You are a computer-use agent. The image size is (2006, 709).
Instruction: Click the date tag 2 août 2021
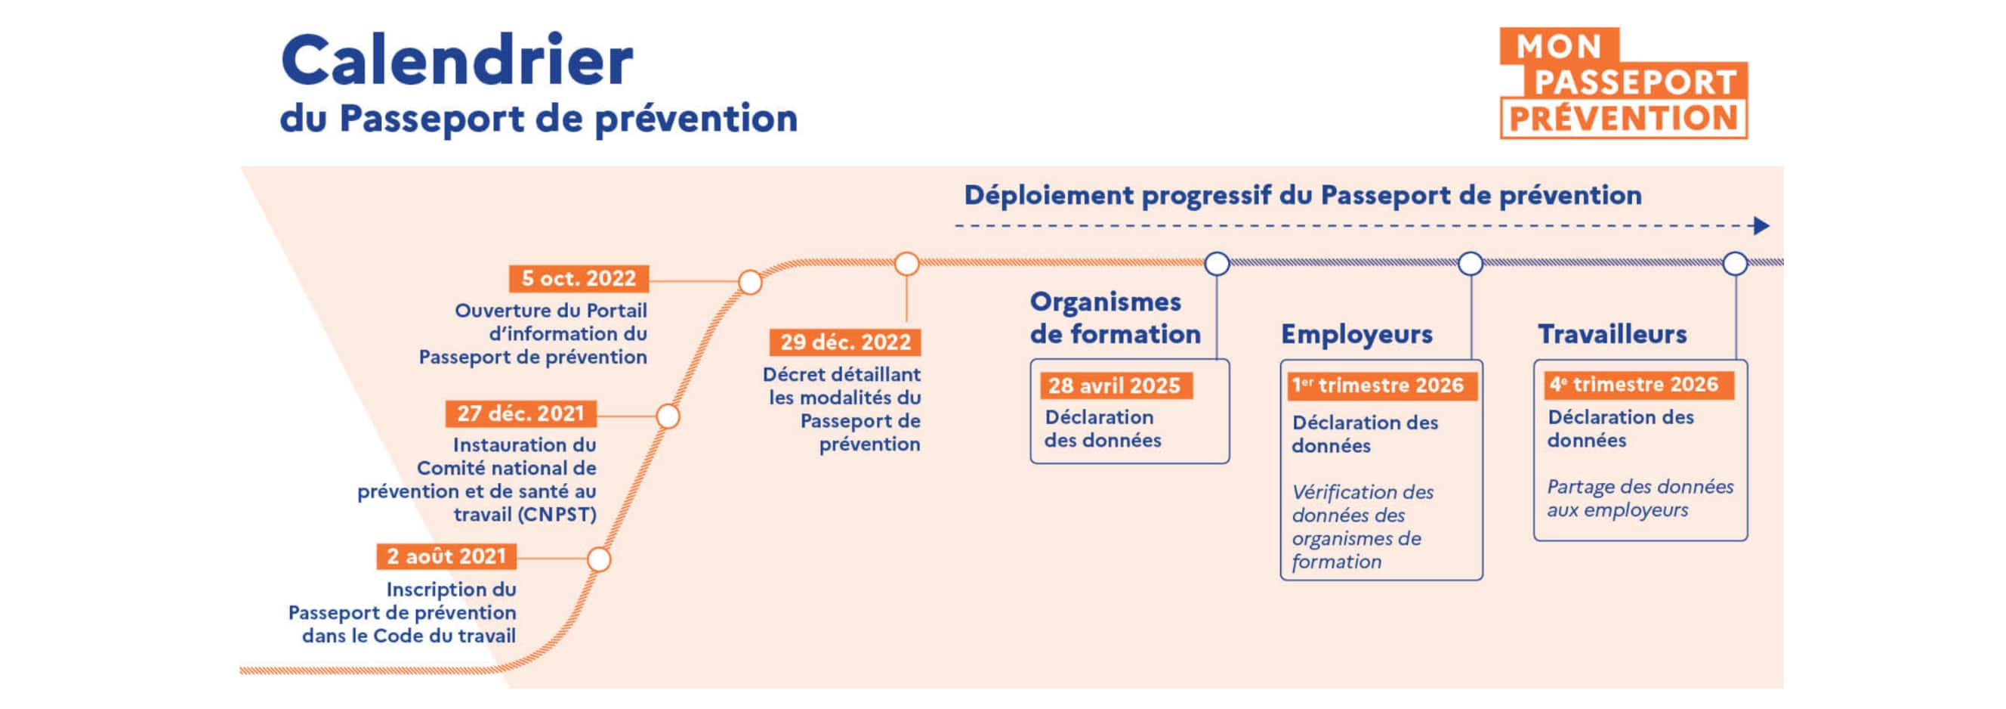[x=446, y=556]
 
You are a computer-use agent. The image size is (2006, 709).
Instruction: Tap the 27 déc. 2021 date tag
[x=520, y=413]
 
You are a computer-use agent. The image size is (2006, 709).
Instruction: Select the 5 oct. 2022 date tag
[x=579, y=278]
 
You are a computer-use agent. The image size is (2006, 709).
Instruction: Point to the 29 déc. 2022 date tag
[x=845, y=342]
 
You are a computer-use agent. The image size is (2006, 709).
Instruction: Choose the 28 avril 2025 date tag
[x=1114, y=385]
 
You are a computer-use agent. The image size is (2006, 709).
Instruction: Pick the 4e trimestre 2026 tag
[x=1634, y=385]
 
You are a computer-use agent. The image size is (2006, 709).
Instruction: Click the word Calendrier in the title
[x=457, y=60]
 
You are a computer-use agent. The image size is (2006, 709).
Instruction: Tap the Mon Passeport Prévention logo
[x=1624, y=83]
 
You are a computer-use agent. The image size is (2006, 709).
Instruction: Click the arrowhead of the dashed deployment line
[x=1761, y=226]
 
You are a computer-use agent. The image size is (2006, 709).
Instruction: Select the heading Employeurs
[x=1356, y=334]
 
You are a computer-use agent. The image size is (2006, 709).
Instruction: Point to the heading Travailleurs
[x=1612, y=334]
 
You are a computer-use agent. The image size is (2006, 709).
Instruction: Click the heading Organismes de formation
[x=1114, y=318]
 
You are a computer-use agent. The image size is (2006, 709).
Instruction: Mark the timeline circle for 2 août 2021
[x=599, y=559]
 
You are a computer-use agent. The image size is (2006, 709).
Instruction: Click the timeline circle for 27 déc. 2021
[x=668, y=416]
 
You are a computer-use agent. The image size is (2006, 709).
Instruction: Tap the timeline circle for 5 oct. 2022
[x=750, y=282]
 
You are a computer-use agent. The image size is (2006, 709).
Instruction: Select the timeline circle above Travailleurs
[x=1735, y=264]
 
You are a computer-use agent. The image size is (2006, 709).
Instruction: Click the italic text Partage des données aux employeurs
[x=1639, y=499]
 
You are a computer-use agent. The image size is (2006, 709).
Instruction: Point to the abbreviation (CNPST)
[x=557, y=515]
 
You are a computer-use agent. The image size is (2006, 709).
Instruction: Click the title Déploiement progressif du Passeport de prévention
[x=1302, y=196]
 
